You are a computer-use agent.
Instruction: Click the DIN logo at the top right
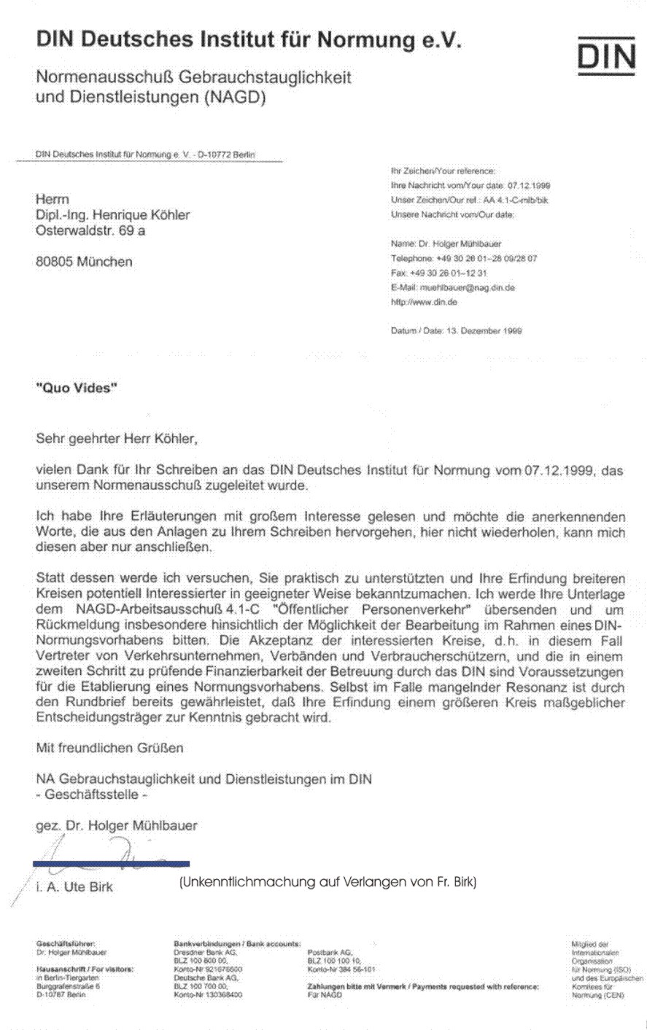[x=605, y=55]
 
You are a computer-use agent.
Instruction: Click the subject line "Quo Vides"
[x=77, y=389]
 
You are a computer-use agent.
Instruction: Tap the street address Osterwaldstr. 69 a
[x=96, y=231]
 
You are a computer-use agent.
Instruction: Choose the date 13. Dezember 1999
[x=482, y=330]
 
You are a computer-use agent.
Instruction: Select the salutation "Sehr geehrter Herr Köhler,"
[x=117, y=439]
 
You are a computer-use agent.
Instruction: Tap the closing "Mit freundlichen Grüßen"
[x=110, y=748]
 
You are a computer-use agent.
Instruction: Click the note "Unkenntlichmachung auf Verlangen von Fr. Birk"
[x=328, y=882]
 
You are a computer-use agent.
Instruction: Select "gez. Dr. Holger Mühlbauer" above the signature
[x=117, y=826]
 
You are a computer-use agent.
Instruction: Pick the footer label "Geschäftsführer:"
[x=66, y=944]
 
